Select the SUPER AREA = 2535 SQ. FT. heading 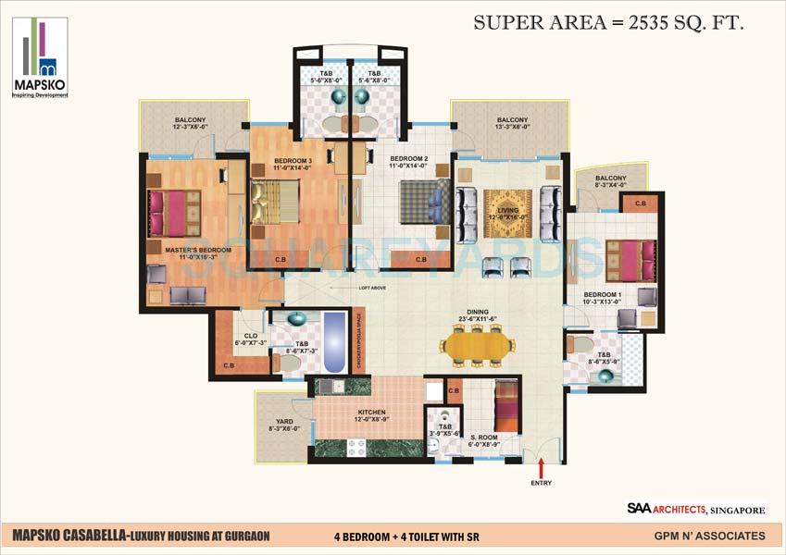608,23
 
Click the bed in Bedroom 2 423,201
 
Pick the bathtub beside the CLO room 332,339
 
